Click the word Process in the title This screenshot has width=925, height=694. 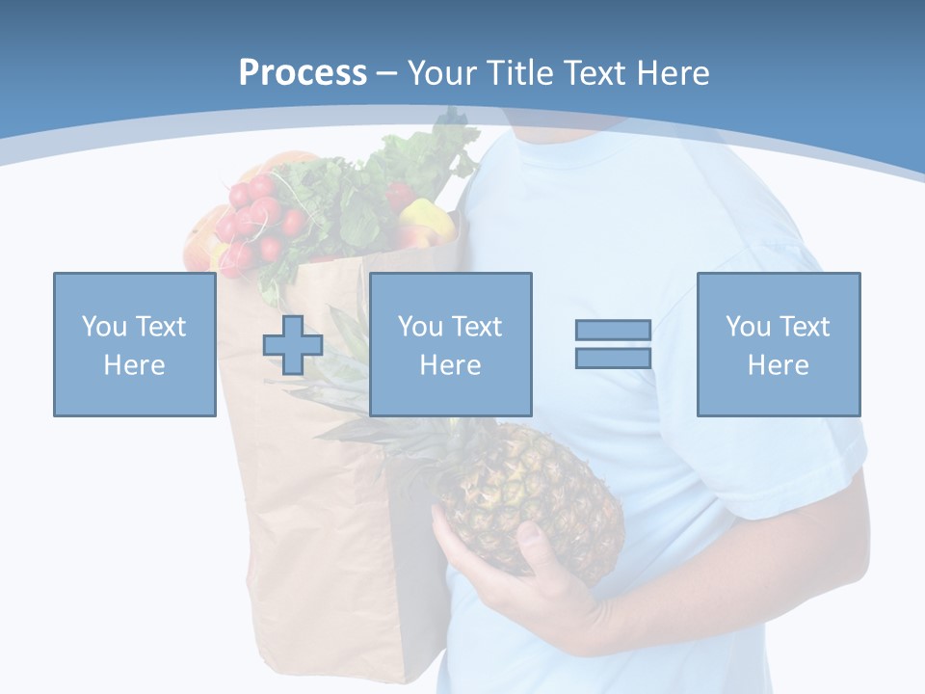click(x=303, y=73)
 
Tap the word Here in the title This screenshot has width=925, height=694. click(x=669, y=73)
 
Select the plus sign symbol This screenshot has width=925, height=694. click(x=293, y=345)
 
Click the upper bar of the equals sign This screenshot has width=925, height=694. click(x=613, y=331)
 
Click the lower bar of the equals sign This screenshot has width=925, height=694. click(x=613, y=358)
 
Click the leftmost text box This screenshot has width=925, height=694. click(x=135, y=344)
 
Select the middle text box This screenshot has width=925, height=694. click(x=450, y=344)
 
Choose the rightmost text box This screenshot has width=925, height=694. click(x=778, y=344)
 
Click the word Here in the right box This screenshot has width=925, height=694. click(x=778, y=365)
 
